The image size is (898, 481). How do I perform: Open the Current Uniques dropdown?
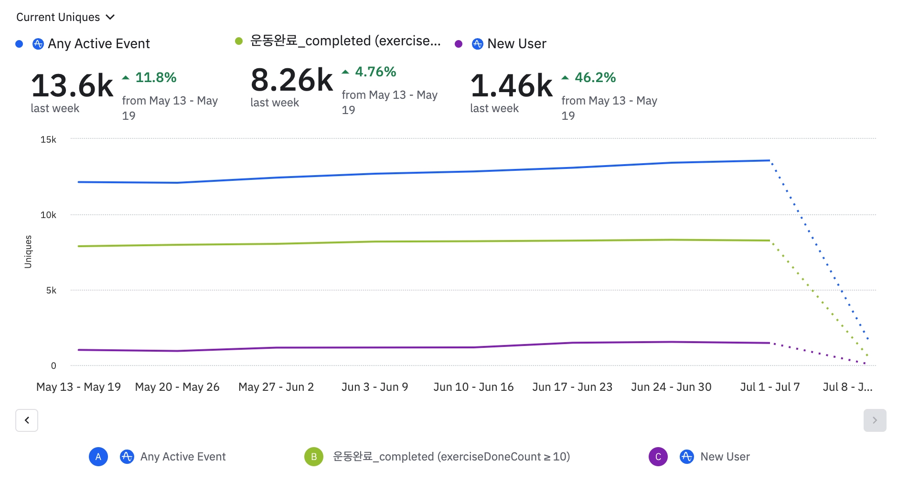coord(65,17)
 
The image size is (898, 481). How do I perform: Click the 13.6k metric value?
coord(72,86)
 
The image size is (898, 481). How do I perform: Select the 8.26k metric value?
coord(292,80)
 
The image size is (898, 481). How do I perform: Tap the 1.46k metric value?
coord(512,86)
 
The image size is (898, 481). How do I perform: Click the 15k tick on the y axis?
coord(48,139)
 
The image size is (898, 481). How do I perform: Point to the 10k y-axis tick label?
coord(48,215)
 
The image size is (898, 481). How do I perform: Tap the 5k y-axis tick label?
coord(51,290)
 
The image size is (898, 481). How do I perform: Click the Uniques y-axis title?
coord(28,251)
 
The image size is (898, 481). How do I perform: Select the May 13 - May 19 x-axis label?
coord(78,387)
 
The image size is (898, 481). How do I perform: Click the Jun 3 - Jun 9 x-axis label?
coord(375,387)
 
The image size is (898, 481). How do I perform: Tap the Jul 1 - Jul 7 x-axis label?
coord(770,387)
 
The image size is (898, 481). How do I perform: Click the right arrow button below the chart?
coord(875,420)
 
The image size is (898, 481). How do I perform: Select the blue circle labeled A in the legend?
coord(98,457)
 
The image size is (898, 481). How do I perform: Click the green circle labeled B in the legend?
coord(314,457)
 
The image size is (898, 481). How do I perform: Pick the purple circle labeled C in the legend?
coord(658,457)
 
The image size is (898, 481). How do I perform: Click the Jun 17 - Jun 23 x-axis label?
coord(572,387)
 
